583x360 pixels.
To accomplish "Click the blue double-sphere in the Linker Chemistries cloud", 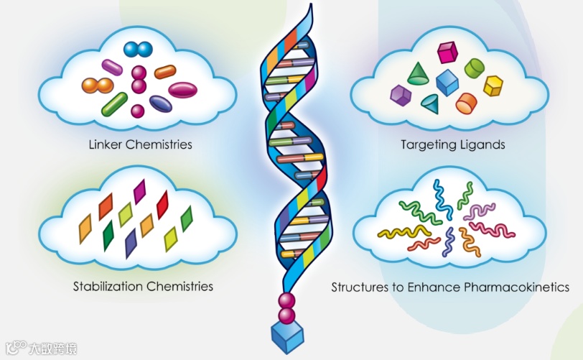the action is point(138,50).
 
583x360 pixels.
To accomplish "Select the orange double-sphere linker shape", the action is point(98,86).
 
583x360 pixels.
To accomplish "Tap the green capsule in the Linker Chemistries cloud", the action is point(114,104).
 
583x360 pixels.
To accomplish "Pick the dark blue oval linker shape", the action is point(161,103).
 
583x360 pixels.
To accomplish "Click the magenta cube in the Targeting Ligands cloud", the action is point(447,52).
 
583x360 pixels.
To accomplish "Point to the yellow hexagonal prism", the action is point(493,86).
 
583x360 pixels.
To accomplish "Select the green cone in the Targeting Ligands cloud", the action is point(418,73).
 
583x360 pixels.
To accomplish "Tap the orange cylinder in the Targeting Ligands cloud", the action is point(467,102).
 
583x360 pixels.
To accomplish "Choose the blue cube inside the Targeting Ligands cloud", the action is point(447,82).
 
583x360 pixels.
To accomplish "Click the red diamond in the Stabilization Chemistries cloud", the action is point(162,204).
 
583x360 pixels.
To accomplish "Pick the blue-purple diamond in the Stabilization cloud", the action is point(131,243).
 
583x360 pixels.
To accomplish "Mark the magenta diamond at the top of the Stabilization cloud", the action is point(139,191).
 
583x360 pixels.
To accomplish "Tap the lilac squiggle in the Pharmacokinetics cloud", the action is point(479,211).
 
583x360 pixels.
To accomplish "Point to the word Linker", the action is point(105,144).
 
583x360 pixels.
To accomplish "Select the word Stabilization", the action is point(108,287).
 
